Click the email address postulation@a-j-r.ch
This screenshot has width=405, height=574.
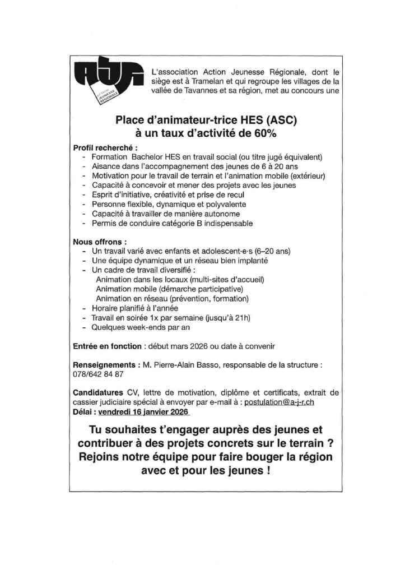tap(283, 402)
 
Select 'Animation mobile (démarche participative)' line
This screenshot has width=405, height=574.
tap(169, 289)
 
